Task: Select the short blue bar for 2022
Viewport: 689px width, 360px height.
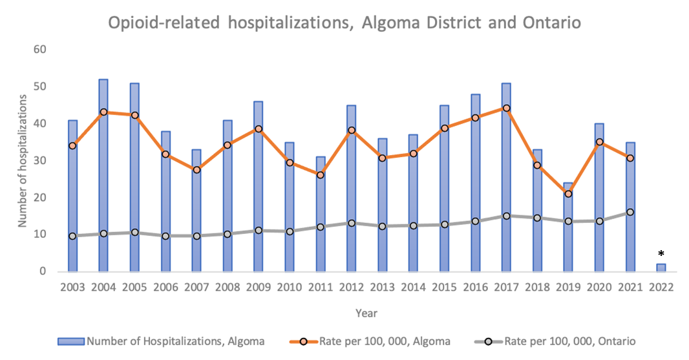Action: [x=661, y=268]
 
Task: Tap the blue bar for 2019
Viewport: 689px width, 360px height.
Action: [x=568, y=239]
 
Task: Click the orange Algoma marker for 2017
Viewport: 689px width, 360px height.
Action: [x=506, y=109]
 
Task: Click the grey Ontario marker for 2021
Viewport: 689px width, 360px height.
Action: [x=630, y=212]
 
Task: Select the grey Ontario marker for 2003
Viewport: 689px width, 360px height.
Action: [x=72, y=236]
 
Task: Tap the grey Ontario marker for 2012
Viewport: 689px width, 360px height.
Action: [x=351, y=223]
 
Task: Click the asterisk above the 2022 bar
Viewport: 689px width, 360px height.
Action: [x=661, y=254]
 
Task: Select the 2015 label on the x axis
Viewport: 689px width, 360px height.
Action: [x=444, y=288]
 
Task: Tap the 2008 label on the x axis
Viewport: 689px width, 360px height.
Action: [x=228, y=288]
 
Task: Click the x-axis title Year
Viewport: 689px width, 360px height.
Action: [x=366, y=313]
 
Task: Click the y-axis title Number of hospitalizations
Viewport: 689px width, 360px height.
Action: [x=23, y=160]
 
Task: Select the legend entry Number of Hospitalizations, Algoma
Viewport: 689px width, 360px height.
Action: [x=175, y=341]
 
